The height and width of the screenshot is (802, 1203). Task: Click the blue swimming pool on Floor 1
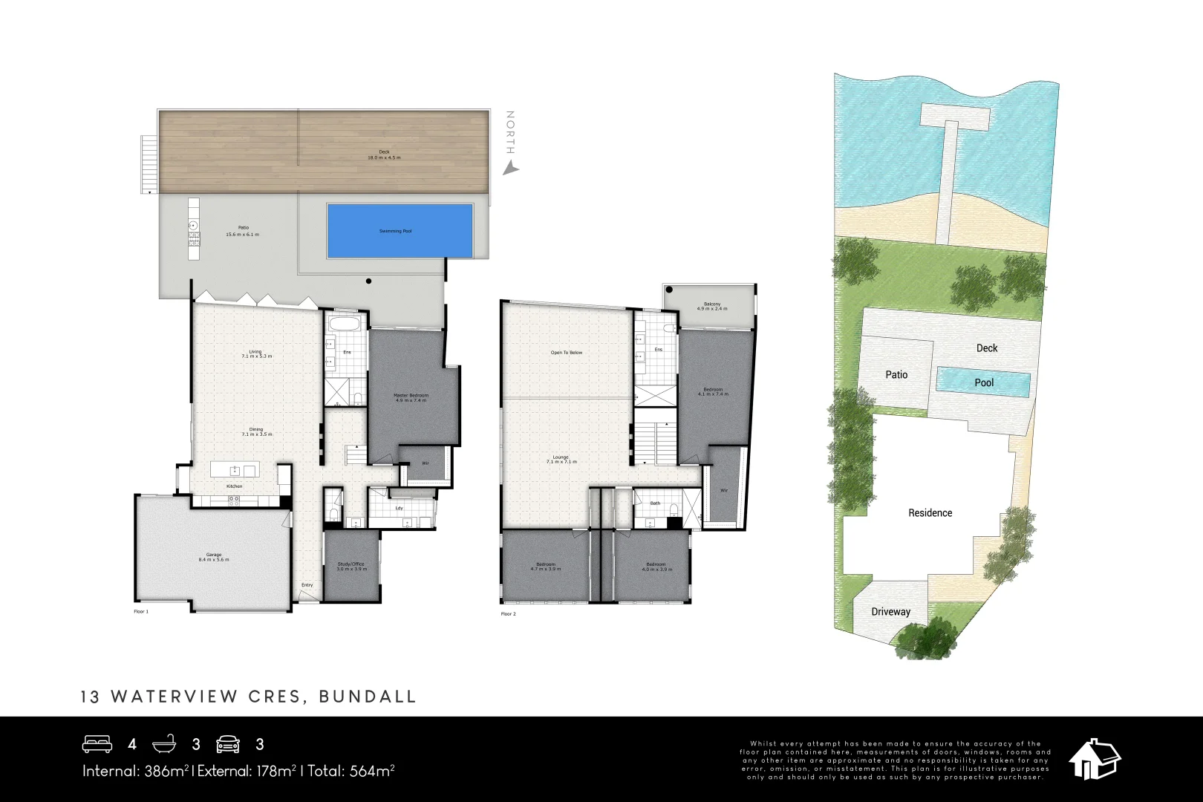[400, 231]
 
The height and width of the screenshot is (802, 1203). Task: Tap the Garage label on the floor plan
[214, 556]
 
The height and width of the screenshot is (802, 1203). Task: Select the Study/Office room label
[352, 566]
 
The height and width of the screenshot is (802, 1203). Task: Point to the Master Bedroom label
[411, 397]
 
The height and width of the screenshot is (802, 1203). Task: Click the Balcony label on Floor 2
[711, 306]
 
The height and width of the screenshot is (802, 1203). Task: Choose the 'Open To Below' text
[567, 353]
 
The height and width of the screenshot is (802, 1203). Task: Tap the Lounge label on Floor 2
[561, 459]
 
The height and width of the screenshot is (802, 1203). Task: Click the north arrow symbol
[510, 169]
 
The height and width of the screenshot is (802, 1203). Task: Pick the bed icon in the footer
[97, 744]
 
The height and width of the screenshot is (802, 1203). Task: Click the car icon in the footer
[228, 744]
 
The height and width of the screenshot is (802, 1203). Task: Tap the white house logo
[1094, 759]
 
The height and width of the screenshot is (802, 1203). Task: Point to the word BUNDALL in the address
[368, 697]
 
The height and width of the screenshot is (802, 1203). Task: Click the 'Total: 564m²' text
[351, 771]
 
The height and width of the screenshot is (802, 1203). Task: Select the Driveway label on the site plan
[890, 612]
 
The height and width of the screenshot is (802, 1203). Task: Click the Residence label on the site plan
[930, 513]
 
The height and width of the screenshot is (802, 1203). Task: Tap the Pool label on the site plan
[984, 383]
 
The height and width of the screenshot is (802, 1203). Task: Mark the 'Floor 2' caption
[508, 614]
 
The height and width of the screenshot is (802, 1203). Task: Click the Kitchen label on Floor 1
[235, 486]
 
